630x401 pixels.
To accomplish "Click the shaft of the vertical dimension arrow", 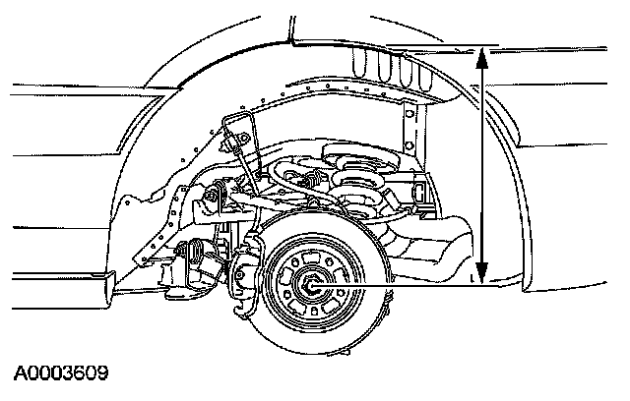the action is (482, 167).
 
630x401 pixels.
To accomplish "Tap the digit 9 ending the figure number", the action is (101, 373).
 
